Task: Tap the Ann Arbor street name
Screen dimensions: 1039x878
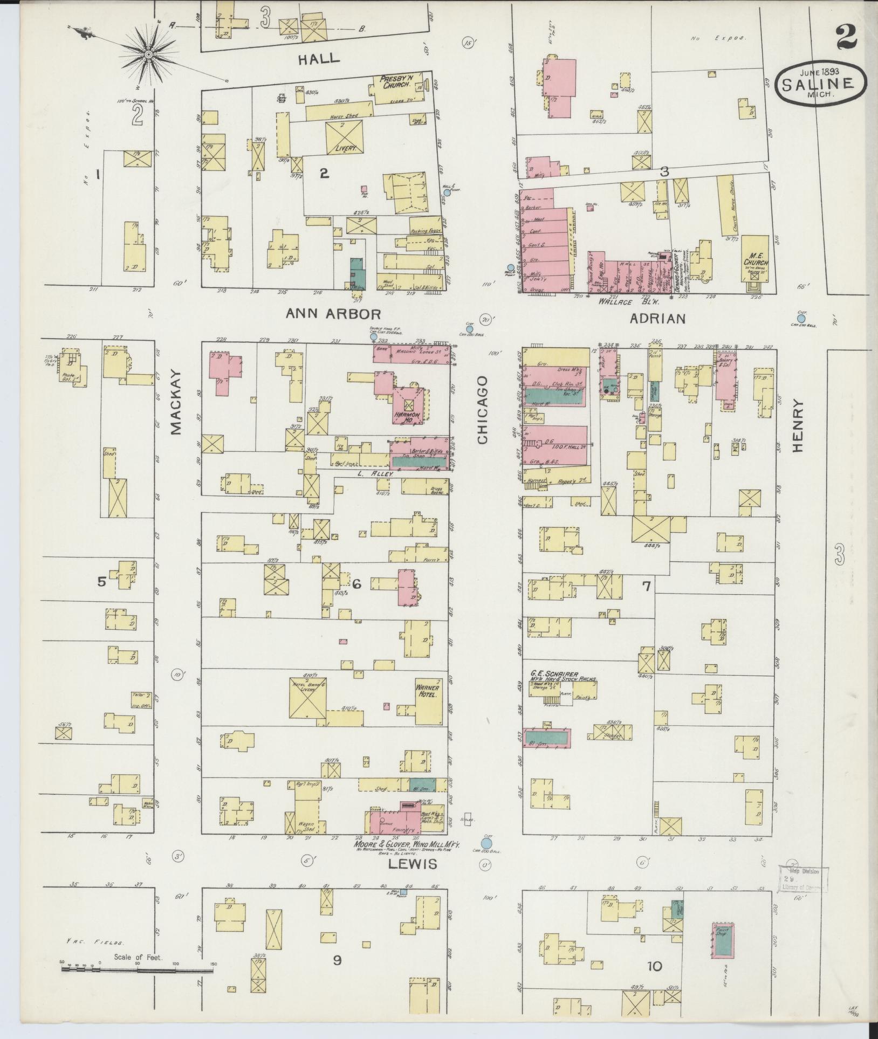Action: point(333,314)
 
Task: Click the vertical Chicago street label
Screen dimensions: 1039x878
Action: point(482,410)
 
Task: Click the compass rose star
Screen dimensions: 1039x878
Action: point(148,54)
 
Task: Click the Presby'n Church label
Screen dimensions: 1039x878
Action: point(396,81)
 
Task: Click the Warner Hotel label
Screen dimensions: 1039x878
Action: point(427,691)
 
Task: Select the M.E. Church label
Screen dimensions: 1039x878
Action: point(754,259)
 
